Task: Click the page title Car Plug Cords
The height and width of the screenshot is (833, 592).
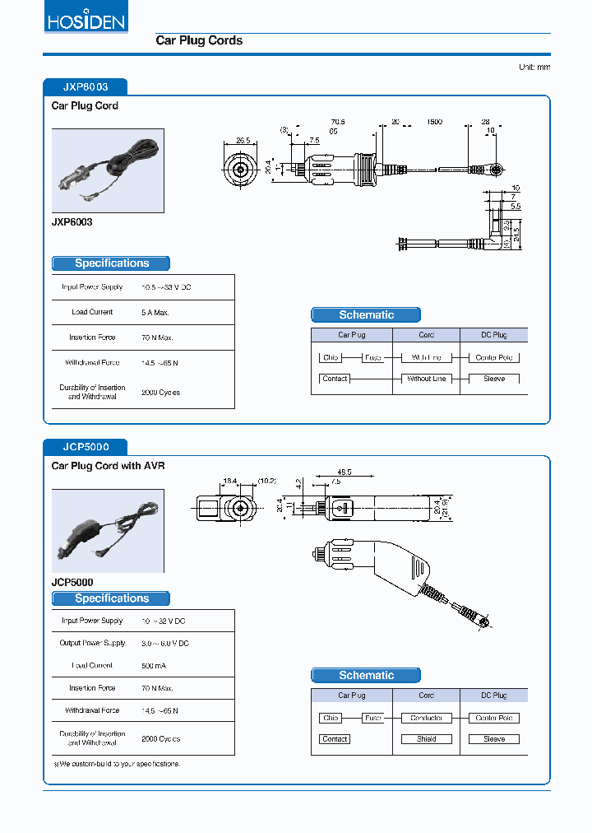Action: click(x=199, y=40)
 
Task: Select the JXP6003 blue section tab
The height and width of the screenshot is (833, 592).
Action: click(x=85, y=86)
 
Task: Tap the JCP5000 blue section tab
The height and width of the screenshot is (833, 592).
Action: click(x=85, y=447)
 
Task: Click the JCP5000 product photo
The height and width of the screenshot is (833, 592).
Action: click(x=108, y=531)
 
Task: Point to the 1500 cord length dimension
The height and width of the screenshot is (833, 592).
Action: click(x=433, y=122)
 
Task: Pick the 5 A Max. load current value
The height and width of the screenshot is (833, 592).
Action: click(x=155, y=312)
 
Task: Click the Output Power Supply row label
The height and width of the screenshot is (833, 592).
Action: click(x=92, y=643)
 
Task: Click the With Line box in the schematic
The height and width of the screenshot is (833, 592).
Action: click(x=426, y=357)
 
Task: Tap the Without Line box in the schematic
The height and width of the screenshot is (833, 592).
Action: click(x=426, y=379)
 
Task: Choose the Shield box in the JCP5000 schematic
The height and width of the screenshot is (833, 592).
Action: click(x=426, y=739)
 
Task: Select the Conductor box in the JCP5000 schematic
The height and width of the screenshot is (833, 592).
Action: click(x=426, y=718)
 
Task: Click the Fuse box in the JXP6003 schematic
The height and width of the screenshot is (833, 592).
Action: click(x=372, y=357)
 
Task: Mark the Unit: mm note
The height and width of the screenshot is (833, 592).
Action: click(x=534, y=67)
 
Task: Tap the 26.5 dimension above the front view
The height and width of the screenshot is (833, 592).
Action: click(x=243, y=141)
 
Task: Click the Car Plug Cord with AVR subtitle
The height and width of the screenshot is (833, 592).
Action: click(x=108, y=466)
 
